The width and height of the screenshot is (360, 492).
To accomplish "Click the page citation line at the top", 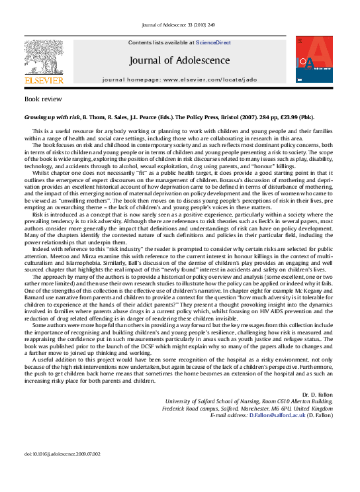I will tap(179, 26).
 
